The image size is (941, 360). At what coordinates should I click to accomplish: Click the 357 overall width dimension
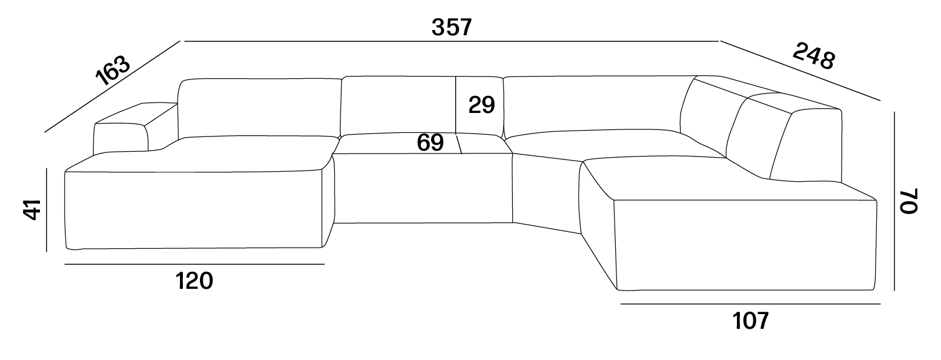coord(452,27)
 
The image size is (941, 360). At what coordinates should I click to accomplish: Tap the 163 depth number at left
coord(113,70)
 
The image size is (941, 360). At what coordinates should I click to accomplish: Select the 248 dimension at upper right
coord(814,56)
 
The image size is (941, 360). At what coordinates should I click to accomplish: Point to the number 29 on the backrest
coord(482,105)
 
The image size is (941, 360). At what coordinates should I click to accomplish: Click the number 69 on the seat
coord(430,142)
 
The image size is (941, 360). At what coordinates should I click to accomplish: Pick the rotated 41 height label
coord(32,209)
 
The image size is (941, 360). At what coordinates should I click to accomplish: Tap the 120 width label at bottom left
coord(194,281)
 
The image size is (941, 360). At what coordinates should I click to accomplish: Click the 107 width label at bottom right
coord(750,321)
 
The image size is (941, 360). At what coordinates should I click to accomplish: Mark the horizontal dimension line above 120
coord(195,264)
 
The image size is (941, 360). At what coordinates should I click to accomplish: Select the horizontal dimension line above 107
coord(750,304)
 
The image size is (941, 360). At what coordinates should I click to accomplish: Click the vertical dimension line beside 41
coord(46,210)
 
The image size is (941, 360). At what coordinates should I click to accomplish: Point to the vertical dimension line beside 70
coord(894,201)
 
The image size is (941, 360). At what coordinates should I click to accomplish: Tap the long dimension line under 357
coord(452,42)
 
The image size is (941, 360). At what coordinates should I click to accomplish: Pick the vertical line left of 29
coord(456,105)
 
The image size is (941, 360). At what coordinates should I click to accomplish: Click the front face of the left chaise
coord(193,209)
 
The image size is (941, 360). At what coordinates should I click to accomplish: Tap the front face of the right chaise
coord(745,245)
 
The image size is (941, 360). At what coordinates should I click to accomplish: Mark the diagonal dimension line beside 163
coord(112,86)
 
